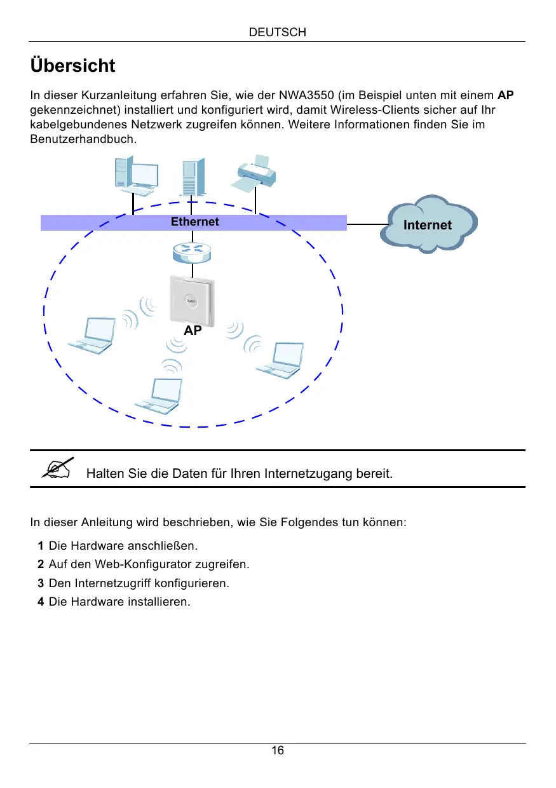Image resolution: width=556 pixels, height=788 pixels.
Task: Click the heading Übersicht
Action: (72, 65)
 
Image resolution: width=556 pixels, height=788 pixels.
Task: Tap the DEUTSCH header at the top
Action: (278, 32)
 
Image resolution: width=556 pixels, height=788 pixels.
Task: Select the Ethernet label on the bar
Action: (194, 222)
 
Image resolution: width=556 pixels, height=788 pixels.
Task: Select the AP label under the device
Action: (193, 331)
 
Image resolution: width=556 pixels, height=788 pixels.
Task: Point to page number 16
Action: (278, 751)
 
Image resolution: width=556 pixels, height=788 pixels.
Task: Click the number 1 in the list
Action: (41, 546)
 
